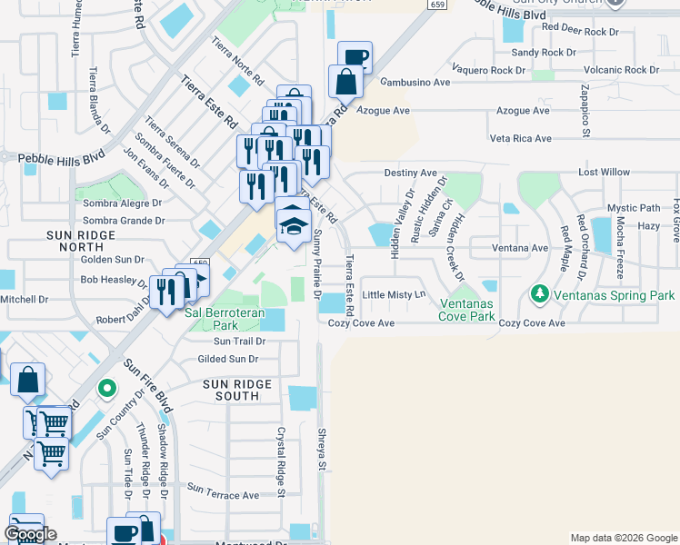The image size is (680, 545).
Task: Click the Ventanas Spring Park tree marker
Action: (x=540, y=294)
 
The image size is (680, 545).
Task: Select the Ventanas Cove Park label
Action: (x=468, y=310)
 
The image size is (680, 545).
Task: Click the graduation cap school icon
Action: (x=294, y=223)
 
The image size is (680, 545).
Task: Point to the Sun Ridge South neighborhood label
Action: (x=237, y=390)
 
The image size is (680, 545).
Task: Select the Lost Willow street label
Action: (x=604, y=173)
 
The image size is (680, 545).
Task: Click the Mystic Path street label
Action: (x=634, y=208)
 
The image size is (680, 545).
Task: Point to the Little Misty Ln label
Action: (x=394, y=295)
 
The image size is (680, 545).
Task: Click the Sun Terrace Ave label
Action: (x=224, y=495)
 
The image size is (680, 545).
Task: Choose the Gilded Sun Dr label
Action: (x=229, y=359)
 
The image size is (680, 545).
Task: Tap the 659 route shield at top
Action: (x=436, y=4)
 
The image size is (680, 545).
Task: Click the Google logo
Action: (x=30, y=534)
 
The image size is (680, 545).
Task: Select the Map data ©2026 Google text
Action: (x=623, y=538)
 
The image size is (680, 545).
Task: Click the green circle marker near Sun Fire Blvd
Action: (x=107, y=389)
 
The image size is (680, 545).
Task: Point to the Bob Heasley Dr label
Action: (x=115, y=280)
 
